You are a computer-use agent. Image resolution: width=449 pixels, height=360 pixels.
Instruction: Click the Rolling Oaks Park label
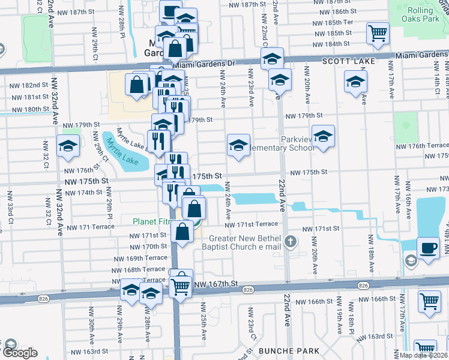click(418, 16)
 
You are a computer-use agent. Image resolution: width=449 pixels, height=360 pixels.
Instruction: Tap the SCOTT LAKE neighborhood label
click(349, 62)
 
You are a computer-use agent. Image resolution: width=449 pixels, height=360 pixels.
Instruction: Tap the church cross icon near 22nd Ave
click(291, 241)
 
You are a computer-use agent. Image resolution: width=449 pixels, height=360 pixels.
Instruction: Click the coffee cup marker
click(428, 248)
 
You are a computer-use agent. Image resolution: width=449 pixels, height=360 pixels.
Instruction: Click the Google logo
click(19, 353)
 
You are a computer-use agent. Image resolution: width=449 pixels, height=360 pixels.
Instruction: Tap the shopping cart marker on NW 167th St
click(181, 286)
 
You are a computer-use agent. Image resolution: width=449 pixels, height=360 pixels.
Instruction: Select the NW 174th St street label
click(83, 193)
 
